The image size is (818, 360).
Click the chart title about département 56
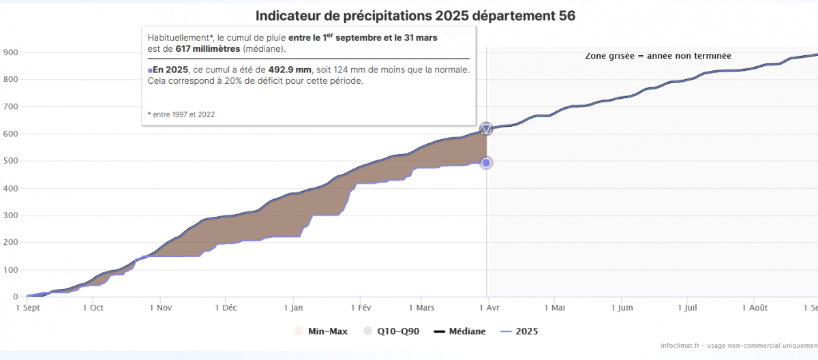415,16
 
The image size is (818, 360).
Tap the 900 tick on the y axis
10,52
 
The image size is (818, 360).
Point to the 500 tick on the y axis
10,161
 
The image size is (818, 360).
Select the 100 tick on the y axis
10,270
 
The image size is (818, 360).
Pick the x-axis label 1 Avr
487,307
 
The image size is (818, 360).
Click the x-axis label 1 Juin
622,307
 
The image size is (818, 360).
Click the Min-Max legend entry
322,331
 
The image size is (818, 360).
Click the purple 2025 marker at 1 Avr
486,163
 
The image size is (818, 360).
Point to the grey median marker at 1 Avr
486,129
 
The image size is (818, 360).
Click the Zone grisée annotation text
658,55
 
